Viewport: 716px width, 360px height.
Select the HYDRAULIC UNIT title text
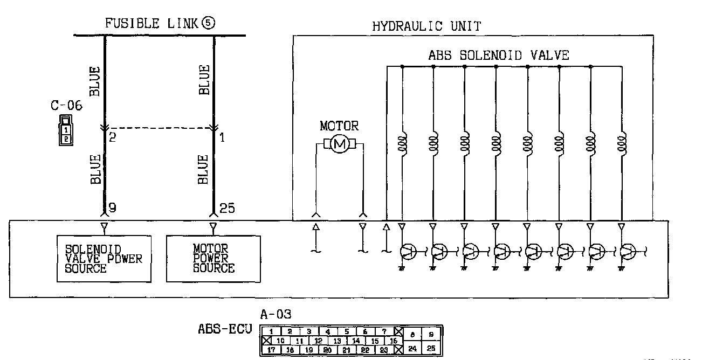pos(426,26)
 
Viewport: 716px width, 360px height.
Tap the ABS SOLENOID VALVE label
pos(499,55)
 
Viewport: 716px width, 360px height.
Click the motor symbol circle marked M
pos(339,144)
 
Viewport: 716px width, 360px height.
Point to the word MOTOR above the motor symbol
pos(339,127)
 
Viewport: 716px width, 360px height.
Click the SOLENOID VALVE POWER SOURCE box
pos(104,259)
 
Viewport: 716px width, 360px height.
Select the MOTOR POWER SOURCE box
pos(213,259)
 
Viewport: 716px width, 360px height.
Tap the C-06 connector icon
pos(65,130)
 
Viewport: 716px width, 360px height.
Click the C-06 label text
pos(66,106)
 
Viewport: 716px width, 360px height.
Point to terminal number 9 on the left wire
pos(112,207)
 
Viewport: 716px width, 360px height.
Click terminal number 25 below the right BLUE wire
pos(228,207)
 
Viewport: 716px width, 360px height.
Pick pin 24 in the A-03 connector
pos(412,349)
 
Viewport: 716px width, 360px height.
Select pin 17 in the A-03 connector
pos(273,349)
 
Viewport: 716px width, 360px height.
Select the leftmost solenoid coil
pos(402,144)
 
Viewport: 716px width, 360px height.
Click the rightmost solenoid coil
pos(622,144)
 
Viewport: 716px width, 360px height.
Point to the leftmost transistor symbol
pos(409,251)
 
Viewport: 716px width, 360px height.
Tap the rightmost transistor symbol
pos(628,251)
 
